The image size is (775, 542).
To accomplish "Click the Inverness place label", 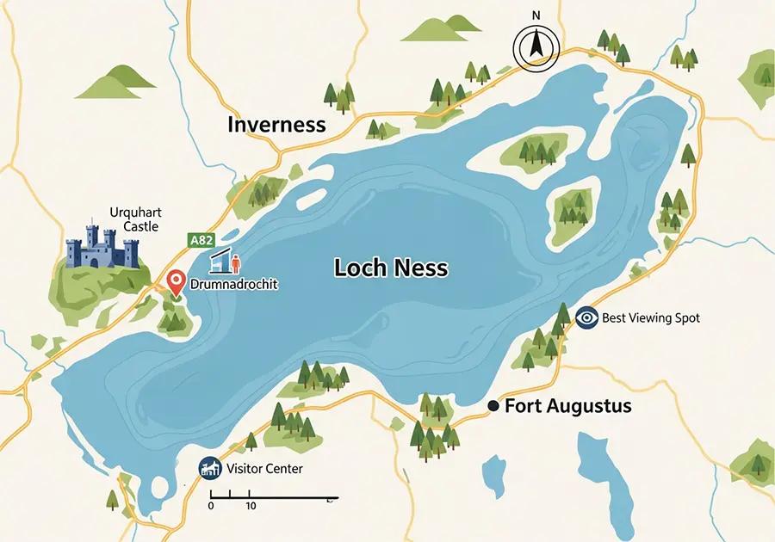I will [x=276, y=125].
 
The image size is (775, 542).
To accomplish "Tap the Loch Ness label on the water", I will [x=390, y=268].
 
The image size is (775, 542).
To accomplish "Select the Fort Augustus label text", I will [x=567, y=406].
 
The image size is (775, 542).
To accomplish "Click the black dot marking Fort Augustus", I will [x=493, y=406].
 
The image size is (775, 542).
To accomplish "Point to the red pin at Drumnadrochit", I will [x=176, y=280].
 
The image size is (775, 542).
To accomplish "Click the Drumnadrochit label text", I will [x=232, y=284].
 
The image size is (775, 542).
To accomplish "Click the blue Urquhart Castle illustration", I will [x=102, y=249].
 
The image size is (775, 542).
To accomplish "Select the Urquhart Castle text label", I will [x=135, y=219].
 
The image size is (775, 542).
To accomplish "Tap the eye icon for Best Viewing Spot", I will [x=586, y=317].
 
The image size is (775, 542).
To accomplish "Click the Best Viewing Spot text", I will [x=650, y=318].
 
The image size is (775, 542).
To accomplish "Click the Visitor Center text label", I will [x=264, y=470].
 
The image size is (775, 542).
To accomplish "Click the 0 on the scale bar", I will [x=211, y=506].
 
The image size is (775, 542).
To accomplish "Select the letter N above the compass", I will [x=536, y=15].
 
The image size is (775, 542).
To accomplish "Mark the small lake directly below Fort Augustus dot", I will [x=494, y=477].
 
